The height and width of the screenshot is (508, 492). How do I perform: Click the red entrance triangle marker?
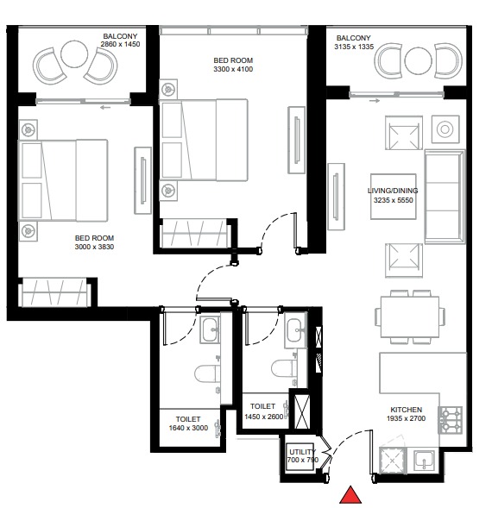click(x=350, y=495)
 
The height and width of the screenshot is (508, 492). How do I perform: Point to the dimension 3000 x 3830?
click(x=94, y=248)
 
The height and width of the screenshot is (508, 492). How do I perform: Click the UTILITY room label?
click(x=302, y=451)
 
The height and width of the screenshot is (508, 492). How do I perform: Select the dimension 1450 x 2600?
click(x=262, y=417)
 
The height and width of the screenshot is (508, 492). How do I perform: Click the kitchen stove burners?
click(x=451, y=420)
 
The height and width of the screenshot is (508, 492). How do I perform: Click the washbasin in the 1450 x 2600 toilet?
click(x=295, y=328)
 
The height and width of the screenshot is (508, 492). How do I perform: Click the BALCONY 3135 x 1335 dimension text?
click(x=354, y=48)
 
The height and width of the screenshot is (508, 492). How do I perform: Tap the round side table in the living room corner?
click(x=445, y=129)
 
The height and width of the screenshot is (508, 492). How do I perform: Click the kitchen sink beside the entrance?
click(x=424, y=461)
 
